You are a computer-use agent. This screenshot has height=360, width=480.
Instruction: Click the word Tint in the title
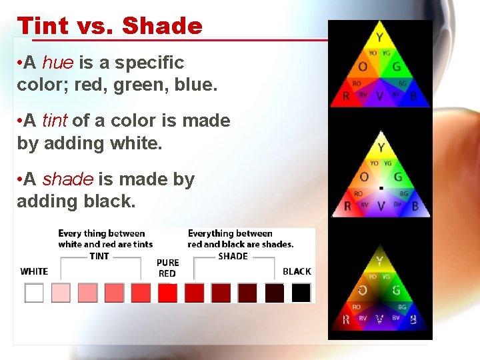coord(43,25)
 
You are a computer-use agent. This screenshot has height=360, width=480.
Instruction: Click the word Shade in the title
coord(162,25)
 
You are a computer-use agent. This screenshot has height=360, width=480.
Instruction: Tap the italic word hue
coord(58,63)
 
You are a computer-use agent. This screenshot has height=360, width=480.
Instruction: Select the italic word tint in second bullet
coord(55,121)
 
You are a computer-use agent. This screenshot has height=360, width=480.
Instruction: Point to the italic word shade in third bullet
coord(68,179)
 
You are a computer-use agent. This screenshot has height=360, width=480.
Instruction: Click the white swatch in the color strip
coord(34,293)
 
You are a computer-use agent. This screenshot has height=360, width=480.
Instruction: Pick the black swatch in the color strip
coord(301,293)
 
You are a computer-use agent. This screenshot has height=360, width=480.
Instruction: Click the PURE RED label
coord(167,268)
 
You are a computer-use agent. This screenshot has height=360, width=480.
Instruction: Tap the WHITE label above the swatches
coord(34,271)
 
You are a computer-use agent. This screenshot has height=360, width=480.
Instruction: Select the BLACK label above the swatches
coord(297,271)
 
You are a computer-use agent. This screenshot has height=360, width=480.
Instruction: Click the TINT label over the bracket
coord(99,256)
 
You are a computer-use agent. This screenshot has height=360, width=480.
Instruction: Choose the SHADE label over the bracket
coord(233,256)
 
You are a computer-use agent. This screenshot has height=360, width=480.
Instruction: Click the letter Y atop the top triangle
coord(379,37)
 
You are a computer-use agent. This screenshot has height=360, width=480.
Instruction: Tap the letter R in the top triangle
coord(346,97)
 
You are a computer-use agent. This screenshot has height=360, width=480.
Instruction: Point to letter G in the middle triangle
coord(397,177)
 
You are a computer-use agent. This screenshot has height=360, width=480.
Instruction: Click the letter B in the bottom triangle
coord(413,320)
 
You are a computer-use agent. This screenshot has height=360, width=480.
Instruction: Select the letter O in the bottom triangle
coord(363,290)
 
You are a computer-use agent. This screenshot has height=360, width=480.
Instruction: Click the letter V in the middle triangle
coord(380,207)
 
